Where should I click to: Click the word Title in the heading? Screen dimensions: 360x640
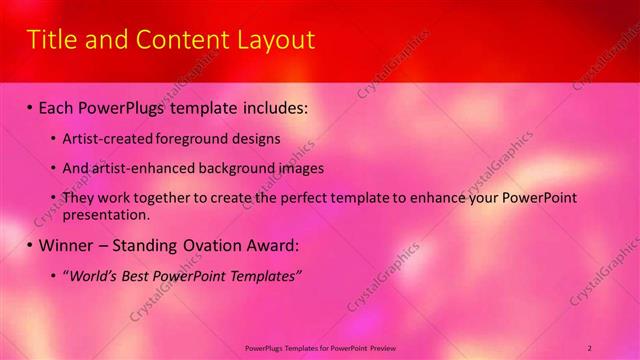[50, 40]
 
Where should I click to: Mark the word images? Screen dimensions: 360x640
[294, 168]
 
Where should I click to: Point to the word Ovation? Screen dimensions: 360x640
[213, 245]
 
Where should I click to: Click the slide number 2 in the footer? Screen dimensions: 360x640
[590, 347]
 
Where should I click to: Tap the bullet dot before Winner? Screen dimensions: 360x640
[29, 246]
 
